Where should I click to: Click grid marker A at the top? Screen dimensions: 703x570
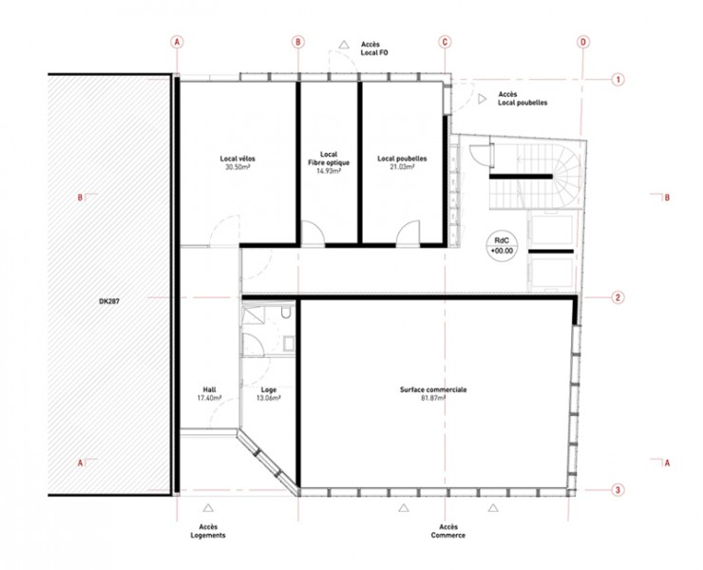[x=177, y=42]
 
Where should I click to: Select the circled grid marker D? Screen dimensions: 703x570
[x=583, y=42]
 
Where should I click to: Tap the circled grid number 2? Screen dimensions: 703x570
[x=617, y=297]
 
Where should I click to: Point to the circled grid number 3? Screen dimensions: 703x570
[x=617, y=490]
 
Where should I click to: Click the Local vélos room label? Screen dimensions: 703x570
[x=237, y=159]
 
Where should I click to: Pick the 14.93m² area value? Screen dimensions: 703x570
[x=329, y=171]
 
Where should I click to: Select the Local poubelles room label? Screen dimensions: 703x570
[x=402, y=159]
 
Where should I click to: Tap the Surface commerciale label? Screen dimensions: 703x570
[x=433, y=389]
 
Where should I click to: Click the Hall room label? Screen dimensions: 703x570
[x=209, y=389]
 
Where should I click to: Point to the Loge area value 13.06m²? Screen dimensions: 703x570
[x=269, y=398]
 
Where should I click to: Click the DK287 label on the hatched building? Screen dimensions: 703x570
[x=109, y=302]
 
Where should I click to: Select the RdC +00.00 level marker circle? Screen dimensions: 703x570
[x=502, y=246]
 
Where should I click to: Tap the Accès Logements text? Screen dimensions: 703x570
[x=208, y=531]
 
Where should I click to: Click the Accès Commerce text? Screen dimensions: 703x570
[x=448, y=531]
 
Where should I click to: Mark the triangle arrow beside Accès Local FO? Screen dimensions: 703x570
[x=344, y=45]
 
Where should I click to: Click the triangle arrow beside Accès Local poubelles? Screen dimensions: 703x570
[x=482, y=99]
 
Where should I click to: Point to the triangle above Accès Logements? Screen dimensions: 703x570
[x=208, y=507]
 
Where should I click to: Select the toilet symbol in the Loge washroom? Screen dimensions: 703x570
[x=286, y=313]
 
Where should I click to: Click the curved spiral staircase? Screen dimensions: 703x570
[x=566, y=176]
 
